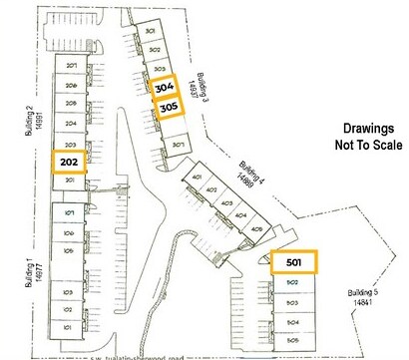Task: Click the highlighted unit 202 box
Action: (70, 162)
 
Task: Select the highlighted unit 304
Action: (164, 89)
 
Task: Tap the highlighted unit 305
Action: (168, 110)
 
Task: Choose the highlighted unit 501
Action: (293, 262)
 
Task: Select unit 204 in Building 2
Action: (71, 125)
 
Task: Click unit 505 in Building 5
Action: (293, 339)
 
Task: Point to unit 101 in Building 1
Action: (70, 327)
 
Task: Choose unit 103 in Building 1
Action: (70, 292)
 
